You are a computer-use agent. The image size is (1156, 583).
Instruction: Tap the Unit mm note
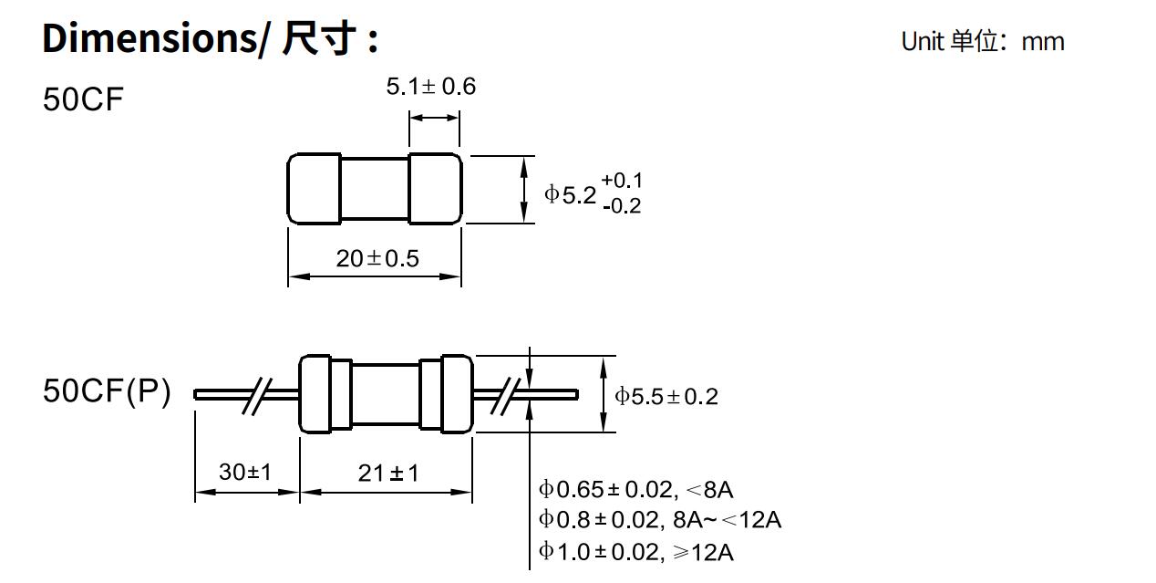(982, 42)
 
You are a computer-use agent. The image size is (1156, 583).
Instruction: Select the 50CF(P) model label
(107, 392)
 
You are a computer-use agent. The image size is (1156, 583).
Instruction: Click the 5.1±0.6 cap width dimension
(430, 87)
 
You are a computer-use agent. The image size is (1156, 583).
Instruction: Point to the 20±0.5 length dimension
(377, 259)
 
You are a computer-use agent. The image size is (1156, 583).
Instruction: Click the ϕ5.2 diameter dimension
(571, 194)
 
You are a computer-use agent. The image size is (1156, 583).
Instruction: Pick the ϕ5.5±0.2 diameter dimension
(666, 396)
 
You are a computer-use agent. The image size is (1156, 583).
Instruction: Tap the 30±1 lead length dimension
(244, 473)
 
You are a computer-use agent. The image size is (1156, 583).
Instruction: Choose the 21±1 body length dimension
(388, 473)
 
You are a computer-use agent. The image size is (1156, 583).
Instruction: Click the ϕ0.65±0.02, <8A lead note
(635, 490)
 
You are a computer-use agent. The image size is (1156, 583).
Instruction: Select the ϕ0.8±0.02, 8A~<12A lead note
(659, 520)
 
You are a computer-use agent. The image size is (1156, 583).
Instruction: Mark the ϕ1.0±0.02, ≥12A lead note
(635, 552)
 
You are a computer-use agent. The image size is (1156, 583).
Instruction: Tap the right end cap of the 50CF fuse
(435, 189)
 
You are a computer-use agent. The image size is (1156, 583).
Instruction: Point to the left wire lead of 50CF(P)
(219, 394)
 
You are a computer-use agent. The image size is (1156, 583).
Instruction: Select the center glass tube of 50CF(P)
(386, 393)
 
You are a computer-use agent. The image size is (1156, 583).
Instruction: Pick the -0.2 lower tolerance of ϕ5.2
(621, 207)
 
